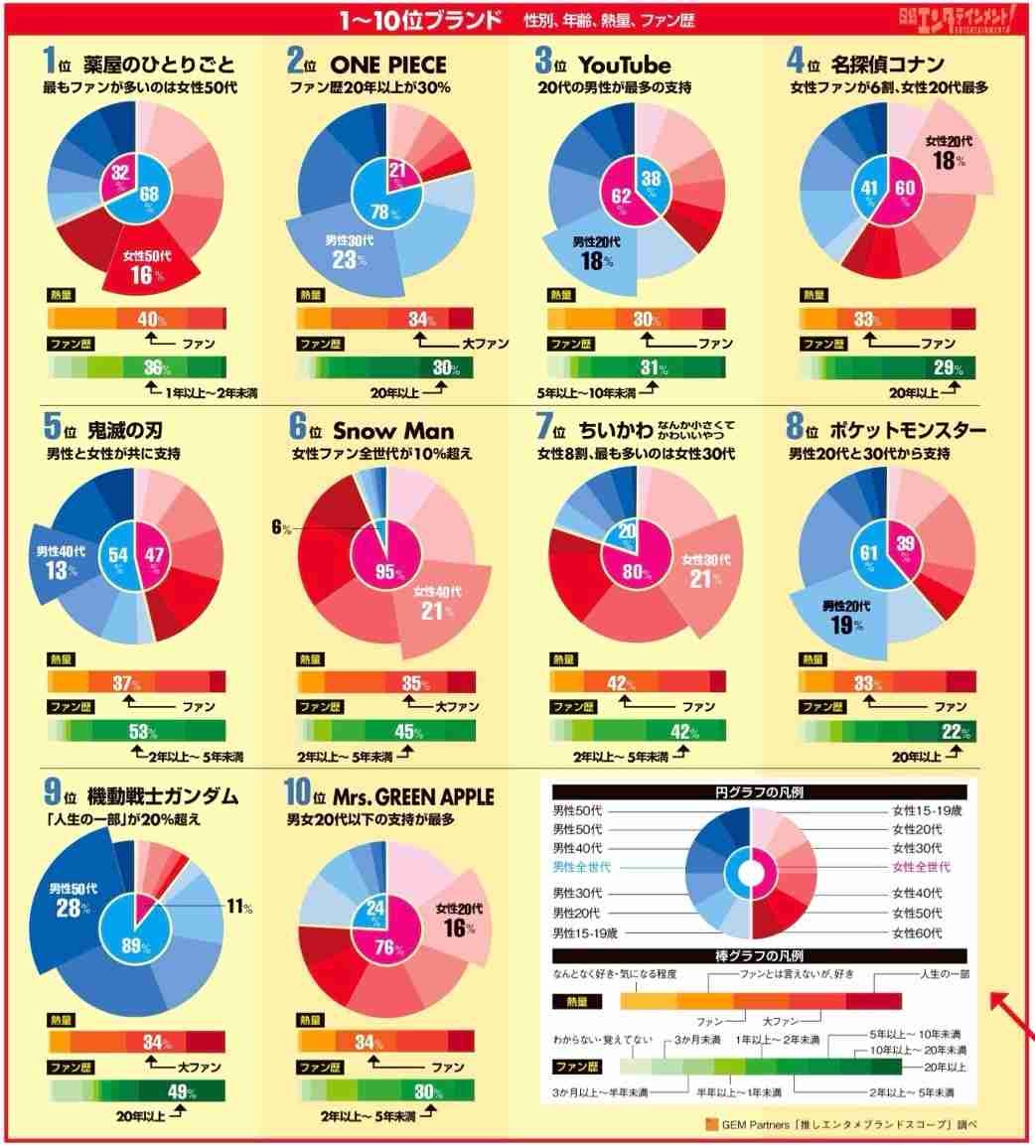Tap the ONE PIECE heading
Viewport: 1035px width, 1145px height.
(x=389, y=66)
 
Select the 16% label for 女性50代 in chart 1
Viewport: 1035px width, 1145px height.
(x=142, y=275)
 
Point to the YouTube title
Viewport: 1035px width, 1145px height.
(x=625, y=66)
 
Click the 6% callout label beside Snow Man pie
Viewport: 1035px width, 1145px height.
(x=281, y=527)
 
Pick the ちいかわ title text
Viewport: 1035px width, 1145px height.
(x=622, y=430)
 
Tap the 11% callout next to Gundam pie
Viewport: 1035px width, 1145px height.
(x=239, y=907)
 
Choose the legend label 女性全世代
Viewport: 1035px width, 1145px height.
(x=921, y=867)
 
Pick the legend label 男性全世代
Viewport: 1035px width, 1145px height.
(x=582, y=867)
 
